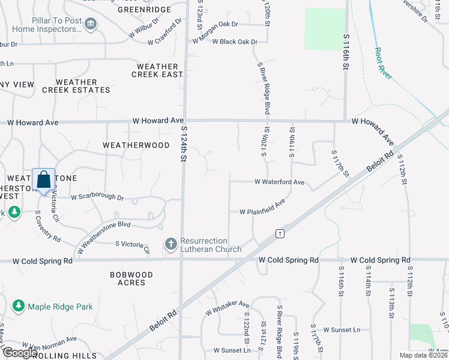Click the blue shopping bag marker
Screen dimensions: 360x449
(44, 180)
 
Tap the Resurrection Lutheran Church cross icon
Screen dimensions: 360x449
(171, 244)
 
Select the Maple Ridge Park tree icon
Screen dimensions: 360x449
(18, 307)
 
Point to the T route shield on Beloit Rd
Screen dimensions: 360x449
(280, 233)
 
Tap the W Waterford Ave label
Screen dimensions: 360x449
(279, 182)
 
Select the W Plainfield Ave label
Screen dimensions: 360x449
(262, 212)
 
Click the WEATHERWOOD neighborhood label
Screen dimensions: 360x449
(136, 145)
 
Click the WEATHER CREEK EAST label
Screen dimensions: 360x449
(157, 70)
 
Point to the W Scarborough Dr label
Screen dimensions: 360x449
(97, 197)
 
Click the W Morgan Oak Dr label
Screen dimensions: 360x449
(215, 25)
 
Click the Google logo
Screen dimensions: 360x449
(20, 353)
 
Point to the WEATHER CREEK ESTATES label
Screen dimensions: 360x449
(76, 86)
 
